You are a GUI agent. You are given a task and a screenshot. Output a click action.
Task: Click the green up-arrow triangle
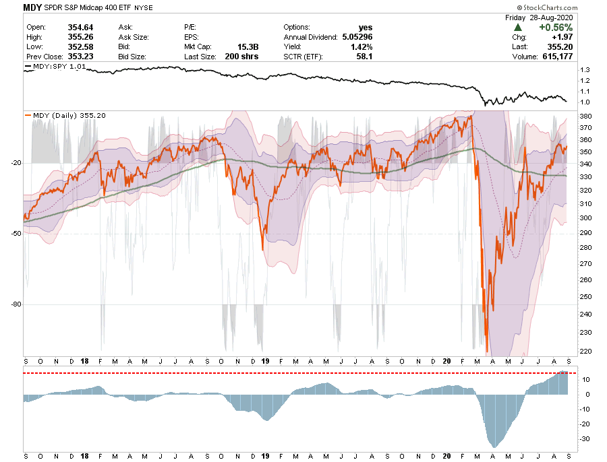tap(517, 27)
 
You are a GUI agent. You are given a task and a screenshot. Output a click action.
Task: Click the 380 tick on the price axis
tap(585, 117)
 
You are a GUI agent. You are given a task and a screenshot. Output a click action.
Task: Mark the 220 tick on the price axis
tap(585, 351)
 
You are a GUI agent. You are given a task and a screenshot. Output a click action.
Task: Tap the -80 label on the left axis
tap(15, 304)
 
